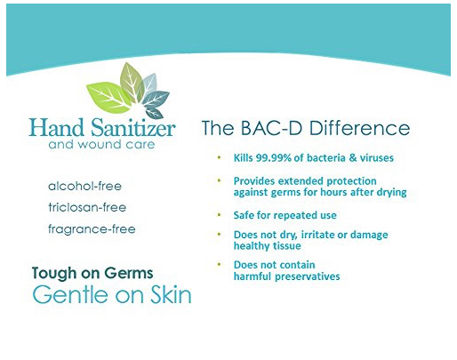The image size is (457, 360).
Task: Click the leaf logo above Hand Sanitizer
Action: pos(128,91)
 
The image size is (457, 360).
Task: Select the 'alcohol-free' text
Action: pos(84,187)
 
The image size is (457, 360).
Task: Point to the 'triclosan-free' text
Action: pos(87,207)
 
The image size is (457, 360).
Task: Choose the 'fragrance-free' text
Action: pos(92,228)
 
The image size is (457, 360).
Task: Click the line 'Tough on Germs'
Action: pos(92,274)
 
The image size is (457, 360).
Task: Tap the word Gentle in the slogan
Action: pos(65,296)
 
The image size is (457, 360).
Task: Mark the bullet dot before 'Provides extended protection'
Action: pos(219,180)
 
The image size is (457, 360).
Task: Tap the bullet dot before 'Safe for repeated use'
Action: pos(219,215)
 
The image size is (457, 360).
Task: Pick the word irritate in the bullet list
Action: pos(315,235)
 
